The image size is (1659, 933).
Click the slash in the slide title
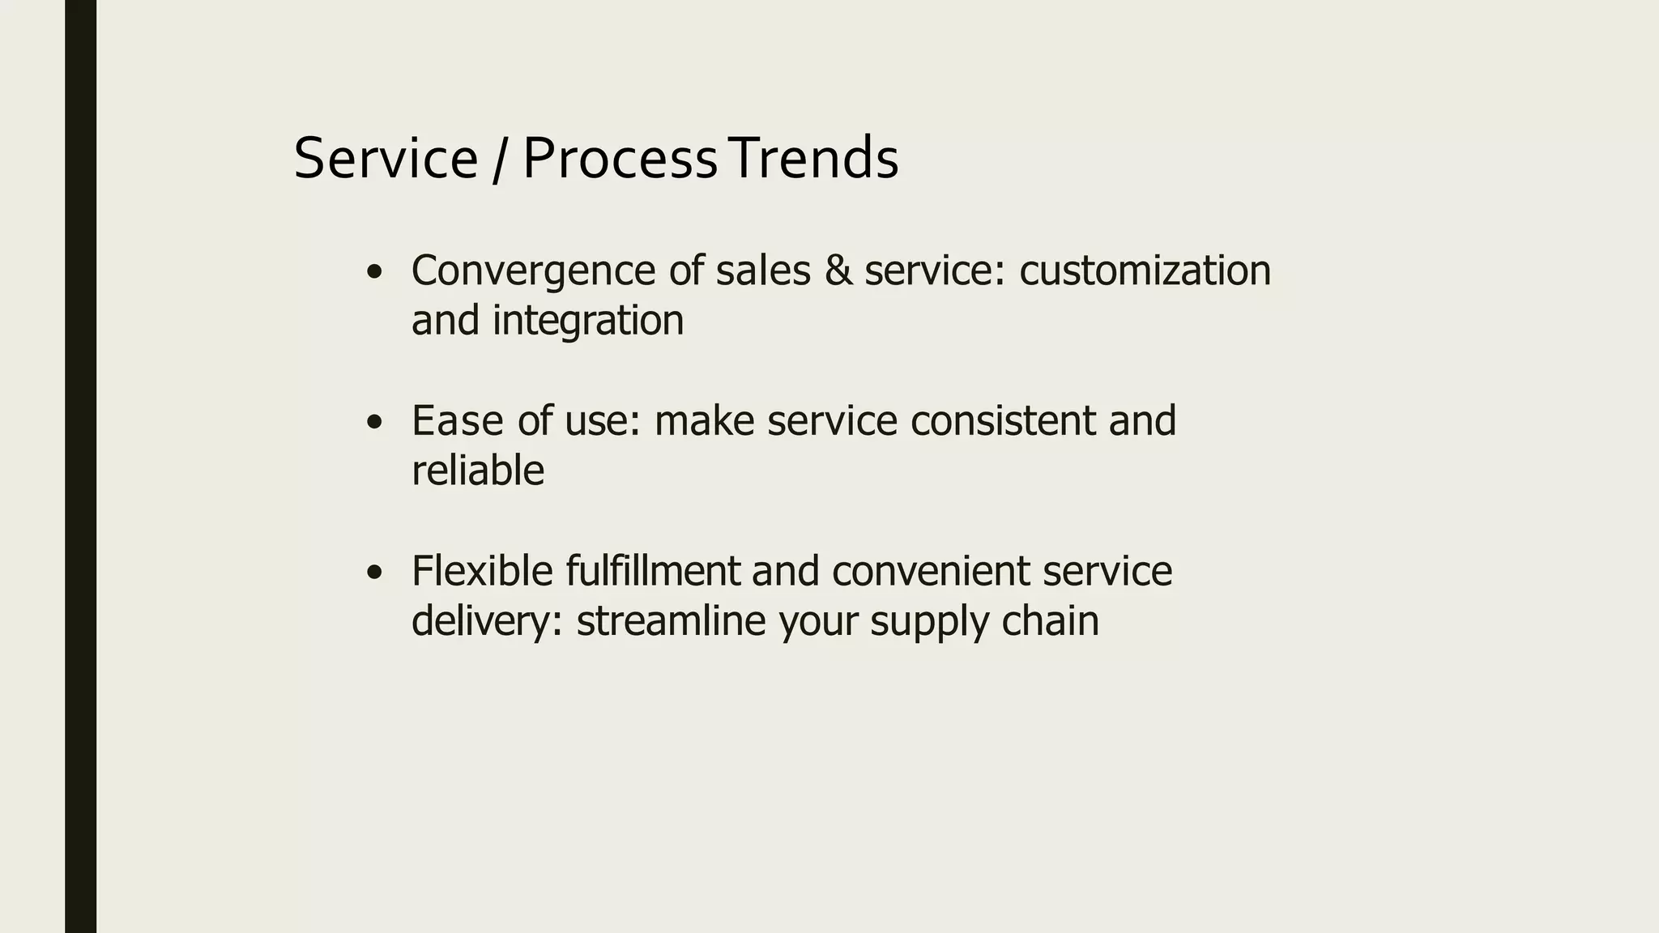click(499, 160)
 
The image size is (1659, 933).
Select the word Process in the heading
click(620, 159)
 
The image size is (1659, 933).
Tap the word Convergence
click(533, 271)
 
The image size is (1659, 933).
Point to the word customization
click(1145, 271)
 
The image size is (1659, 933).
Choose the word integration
click(588, 321)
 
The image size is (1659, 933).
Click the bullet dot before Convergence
click(373, 273)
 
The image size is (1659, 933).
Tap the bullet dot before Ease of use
click(373, 423)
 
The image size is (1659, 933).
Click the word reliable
click(477, 471)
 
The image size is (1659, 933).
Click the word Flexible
click(482, 571)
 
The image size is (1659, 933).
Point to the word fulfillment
click(653, 571)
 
